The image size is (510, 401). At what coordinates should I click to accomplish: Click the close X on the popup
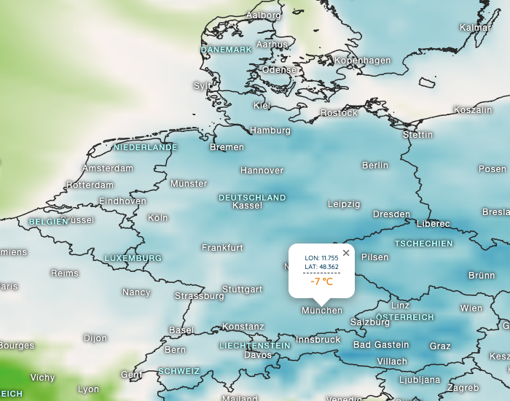tap(346, 253)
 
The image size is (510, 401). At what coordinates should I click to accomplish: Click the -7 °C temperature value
tap(321, 281)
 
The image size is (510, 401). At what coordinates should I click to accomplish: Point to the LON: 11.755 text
tap(321, 258)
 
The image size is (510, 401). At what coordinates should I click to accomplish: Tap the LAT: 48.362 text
tap(321, 267)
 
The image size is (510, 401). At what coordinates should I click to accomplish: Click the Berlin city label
tap(375, 166)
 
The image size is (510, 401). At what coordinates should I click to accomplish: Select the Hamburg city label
tap(270, 131)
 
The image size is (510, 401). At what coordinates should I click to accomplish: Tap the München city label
tap(322, 311)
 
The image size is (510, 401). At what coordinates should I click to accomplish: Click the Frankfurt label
tap(222, 248)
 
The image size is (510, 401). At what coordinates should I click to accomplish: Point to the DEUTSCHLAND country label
tap(252, 198)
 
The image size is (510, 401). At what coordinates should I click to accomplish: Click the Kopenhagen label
tap(363, 61)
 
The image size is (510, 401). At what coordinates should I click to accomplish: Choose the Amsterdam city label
tap(108, 168)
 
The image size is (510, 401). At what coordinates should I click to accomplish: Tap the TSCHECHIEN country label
tap(424, 244)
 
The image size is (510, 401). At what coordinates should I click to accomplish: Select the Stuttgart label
tap(242, 289)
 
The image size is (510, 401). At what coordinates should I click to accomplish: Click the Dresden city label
tap(391, 214)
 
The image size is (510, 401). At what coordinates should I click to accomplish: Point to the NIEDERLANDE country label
tap(146, 147)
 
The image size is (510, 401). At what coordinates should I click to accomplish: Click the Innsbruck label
tap(318, 340)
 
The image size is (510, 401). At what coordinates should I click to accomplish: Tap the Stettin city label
tap(417, 135)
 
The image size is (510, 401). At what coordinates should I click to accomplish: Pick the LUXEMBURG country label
tap(133, 258)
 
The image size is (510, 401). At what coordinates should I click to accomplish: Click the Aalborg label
tap(263, 15)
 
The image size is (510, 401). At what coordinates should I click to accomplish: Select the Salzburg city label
tap(370, 322)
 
